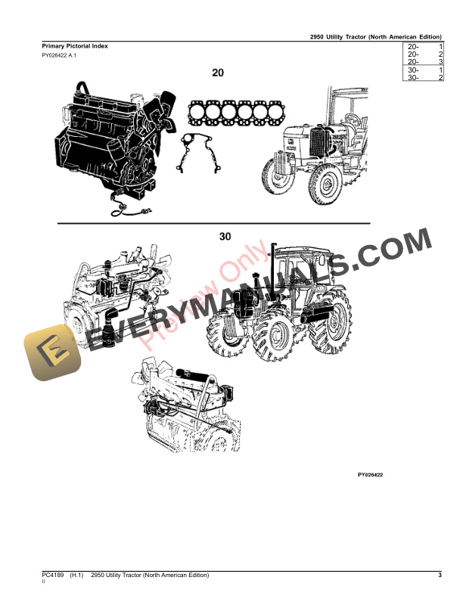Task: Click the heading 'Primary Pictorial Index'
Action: pos(75,46)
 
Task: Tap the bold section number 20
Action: pos(218,73)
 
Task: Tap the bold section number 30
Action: pos(225,237)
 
